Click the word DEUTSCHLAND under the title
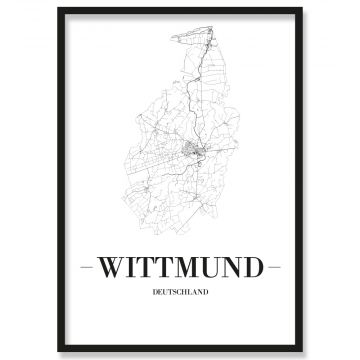coord(180,293)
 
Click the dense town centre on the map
coord(194,152)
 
